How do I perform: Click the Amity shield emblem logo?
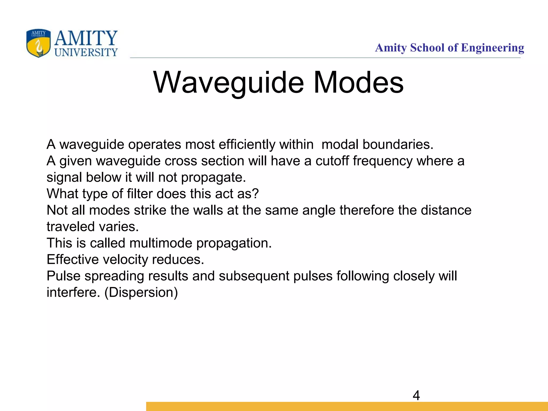tap(38, 43)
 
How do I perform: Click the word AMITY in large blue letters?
tap(86, 38)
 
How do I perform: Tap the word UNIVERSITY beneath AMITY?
tap(86, 52)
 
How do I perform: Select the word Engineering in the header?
tap(492, 48)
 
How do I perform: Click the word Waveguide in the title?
tap(229, 83)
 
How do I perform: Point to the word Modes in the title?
tap(358, 83)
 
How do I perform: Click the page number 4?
tap(416, 395)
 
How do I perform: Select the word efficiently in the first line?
tap(247, 145)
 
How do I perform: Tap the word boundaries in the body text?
tap(397, 144)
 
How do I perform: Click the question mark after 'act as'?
tap(256, 194)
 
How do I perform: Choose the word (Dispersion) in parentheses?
tap(141, 292)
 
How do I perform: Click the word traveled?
tap(71, 227)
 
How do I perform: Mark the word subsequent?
tap(254, 276)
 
